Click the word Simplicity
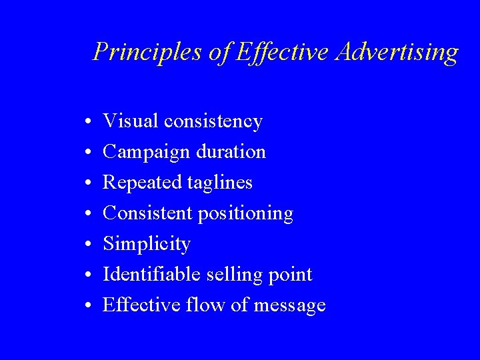click(x=147, y=245)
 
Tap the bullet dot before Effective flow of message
click(x=88, y=307)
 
